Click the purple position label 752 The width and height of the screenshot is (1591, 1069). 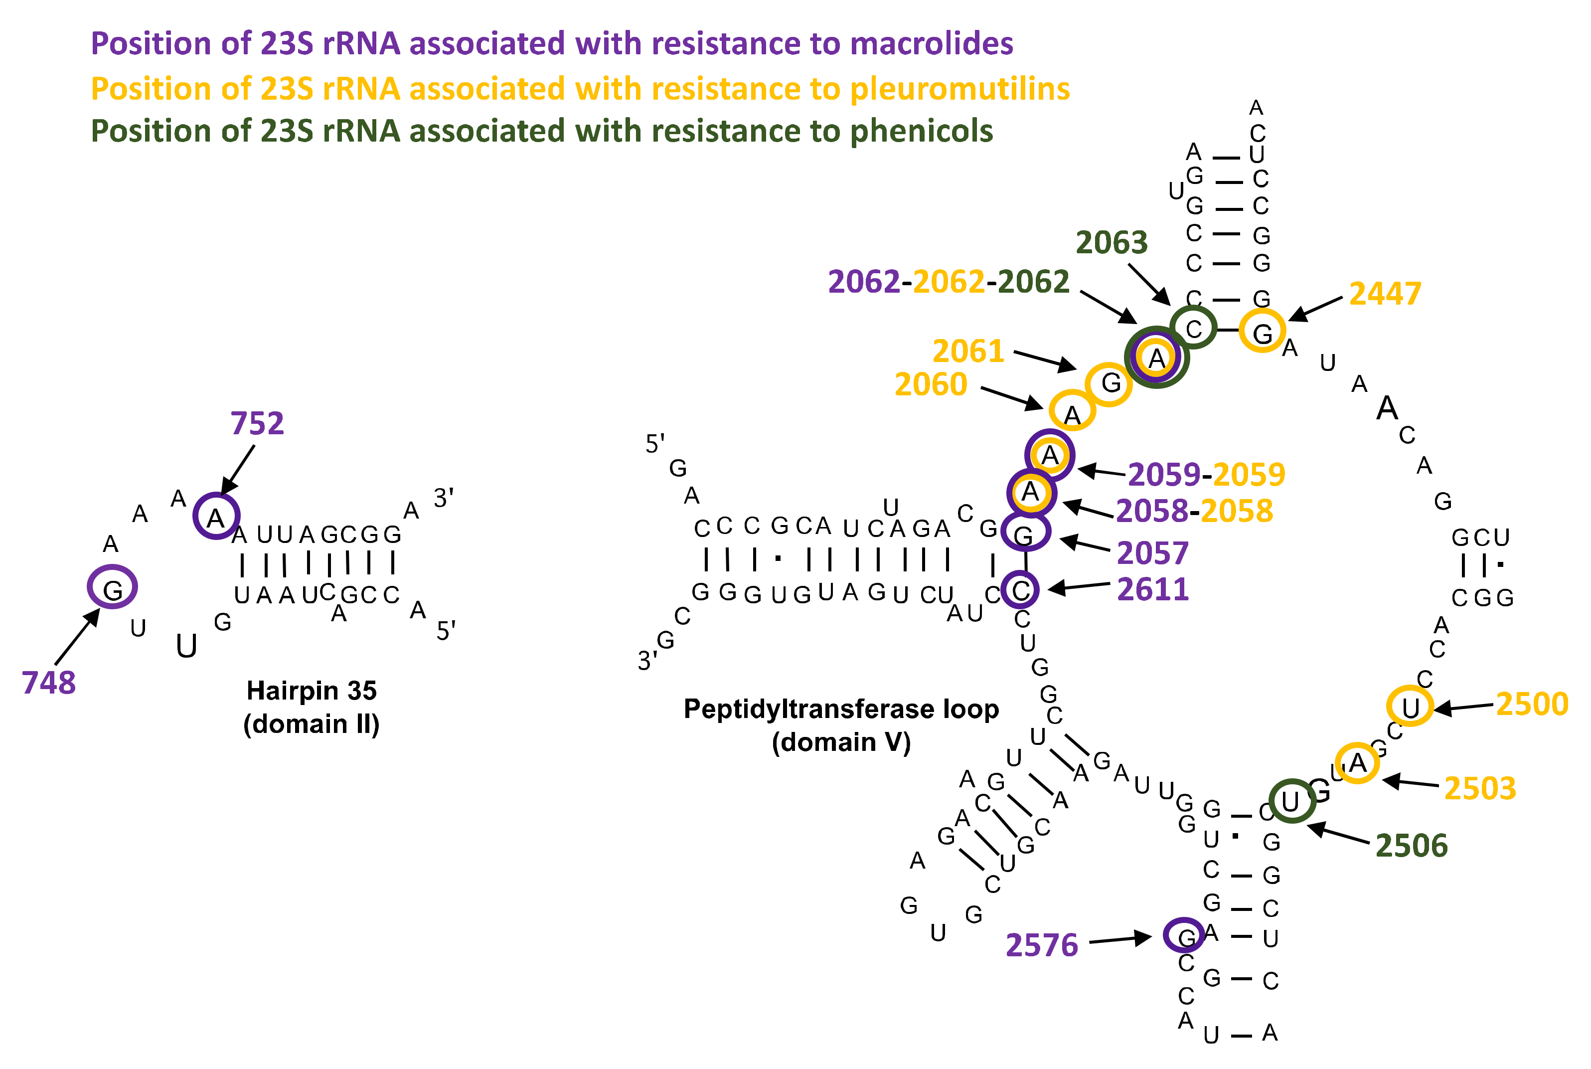point(257,423)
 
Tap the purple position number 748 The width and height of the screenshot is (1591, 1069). point(48,683)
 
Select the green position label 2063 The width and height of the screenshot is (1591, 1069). point(1112,243)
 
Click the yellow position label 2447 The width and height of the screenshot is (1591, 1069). point(1385,294)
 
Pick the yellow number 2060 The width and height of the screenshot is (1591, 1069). point(930,384)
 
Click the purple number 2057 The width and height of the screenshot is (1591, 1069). point(1152,553)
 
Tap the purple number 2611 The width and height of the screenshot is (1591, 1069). point(1152,589)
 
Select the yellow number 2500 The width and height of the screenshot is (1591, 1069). point(1532,704)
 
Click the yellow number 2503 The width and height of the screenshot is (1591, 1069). point(1479,788)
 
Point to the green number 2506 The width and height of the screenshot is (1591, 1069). point(1411,846)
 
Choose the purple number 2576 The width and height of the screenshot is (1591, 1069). point(1041,945)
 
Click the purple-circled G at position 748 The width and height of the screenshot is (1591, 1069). point(113,587)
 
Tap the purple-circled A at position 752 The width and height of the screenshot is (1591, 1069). point(216,517)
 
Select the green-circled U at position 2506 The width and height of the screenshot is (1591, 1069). point(1291,802)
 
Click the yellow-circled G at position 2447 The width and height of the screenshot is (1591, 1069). point(1262,332)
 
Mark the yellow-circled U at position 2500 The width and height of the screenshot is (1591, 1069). point(1410,707)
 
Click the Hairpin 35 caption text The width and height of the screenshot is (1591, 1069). point(312,691)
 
